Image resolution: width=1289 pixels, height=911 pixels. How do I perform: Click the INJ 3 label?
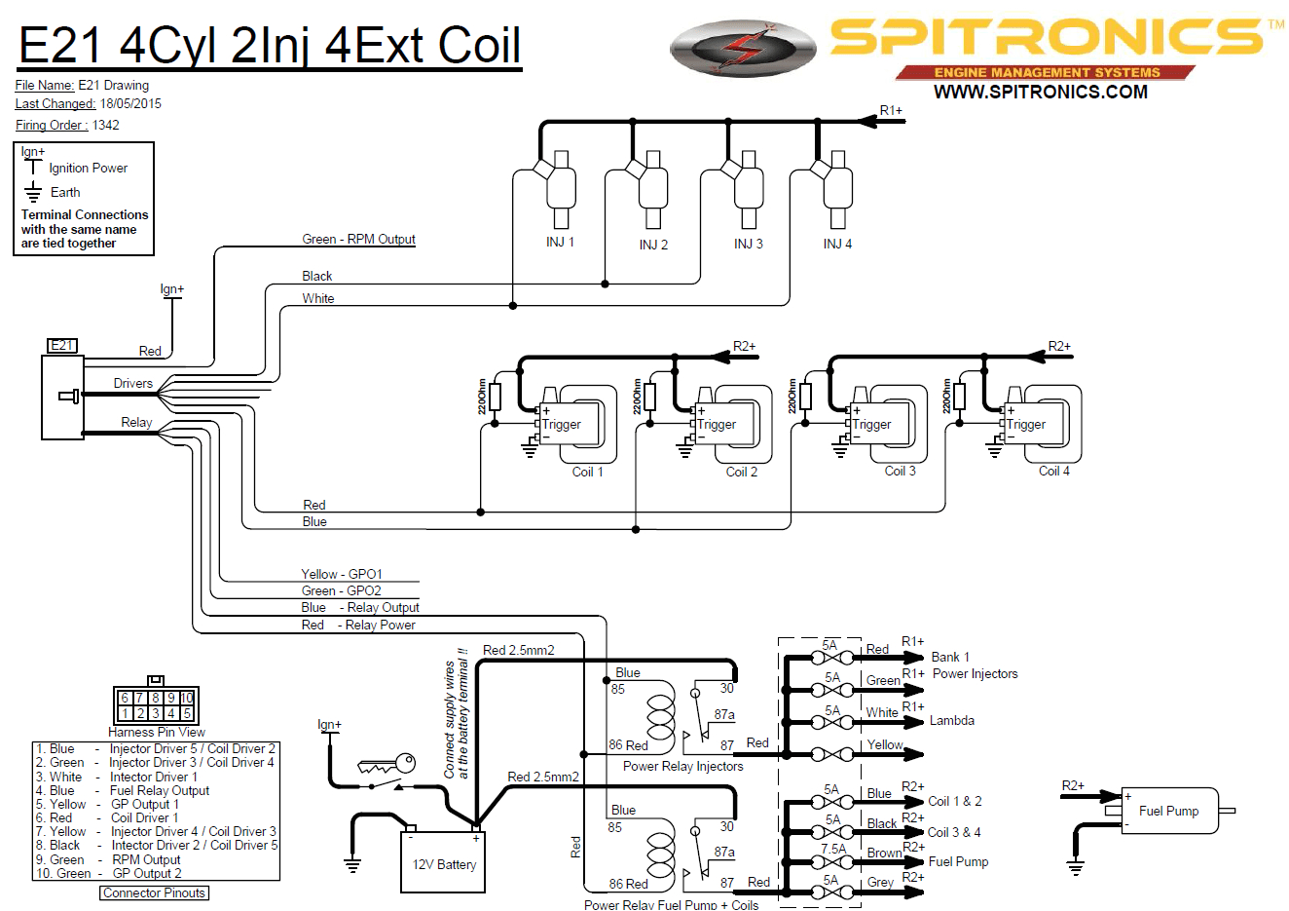coord(748,244)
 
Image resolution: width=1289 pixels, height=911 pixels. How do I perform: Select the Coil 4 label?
coord(1053,471)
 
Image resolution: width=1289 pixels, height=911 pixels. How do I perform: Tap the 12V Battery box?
coord(443,863)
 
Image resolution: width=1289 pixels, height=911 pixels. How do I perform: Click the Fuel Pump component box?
coord(1169,811)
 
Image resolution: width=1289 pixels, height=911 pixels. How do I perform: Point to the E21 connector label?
coord(61,346)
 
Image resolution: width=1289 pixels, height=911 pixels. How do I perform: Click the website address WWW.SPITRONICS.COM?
coord(1040,93)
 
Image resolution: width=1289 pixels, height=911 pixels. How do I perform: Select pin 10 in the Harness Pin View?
coord(187,698)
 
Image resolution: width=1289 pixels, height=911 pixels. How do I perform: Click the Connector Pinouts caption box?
coord(155,892)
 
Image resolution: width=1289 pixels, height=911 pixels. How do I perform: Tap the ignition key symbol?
coord(387,766)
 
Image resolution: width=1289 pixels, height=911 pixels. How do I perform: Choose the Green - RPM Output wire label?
coord(358,239)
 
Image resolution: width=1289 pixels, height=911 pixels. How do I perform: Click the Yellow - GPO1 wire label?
coord(341,574)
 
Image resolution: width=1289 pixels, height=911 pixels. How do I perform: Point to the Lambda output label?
coord(951,721)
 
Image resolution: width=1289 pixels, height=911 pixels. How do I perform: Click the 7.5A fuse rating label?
coord(833,849)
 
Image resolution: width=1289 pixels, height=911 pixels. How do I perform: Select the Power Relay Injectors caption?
coord(682,767)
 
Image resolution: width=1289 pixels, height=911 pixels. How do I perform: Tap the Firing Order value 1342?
coord(106,125)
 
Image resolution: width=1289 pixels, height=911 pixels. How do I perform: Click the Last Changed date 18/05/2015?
coord(130,104)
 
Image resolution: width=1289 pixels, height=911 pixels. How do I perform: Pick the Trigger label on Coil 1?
coord(561,424)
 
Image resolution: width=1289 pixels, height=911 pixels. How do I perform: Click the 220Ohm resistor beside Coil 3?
coord(805,397)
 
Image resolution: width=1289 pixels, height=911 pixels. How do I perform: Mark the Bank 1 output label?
coord(949,657)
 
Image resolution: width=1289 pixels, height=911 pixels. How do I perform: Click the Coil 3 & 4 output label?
coord(954,832)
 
